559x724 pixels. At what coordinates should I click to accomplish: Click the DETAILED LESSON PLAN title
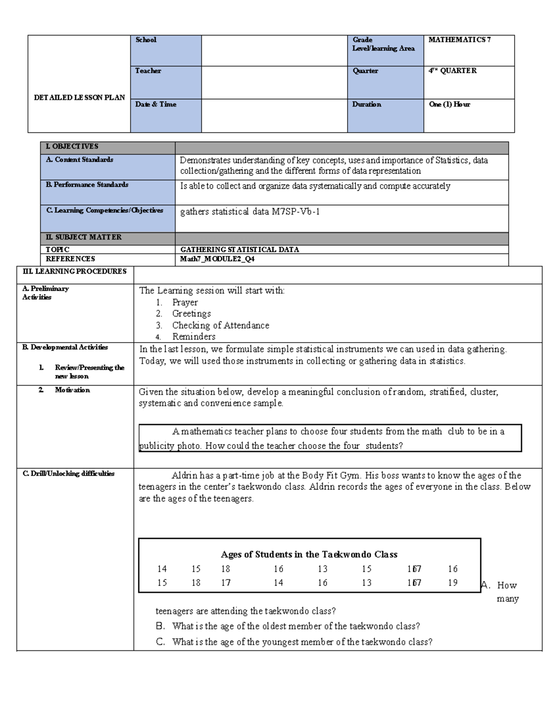(x=79, y=97)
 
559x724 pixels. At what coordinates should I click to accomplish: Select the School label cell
(x=146, y=40)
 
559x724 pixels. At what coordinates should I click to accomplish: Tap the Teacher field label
(x=148, y=71)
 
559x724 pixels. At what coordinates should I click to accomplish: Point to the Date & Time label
(x=156, y=104)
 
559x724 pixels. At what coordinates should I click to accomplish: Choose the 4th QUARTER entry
(x=452, y=71)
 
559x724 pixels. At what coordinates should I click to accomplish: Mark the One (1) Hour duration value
(x=450, y=104)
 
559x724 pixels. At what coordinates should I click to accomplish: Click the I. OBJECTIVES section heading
(x=72, y=146)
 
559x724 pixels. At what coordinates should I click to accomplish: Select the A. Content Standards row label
(x=80, y=160)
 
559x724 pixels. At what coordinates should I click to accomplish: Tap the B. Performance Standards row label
(x=87, y=185)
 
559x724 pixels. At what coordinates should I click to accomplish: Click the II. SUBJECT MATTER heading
(x=83, y=237)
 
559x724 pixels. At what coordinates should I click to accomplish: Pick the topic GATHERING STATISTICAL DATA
(x=239, y=250)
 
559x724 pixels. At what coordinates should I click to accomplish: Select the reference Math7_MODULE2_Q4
(x=218, y=259)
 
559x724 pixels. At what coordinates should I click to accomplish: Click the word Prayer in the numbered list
(x=185, y=302)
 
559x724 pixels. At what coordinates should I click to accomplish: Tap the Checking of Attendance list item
(x=220, y=325)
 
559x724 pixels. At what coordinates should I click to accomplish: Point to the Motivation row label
(x=72, y=390)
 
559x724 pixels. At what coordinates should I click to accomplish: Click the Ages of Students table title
(x=309, y=554)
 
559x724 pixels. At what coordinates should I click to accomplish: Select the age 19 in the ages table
(x=453, y=583)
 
